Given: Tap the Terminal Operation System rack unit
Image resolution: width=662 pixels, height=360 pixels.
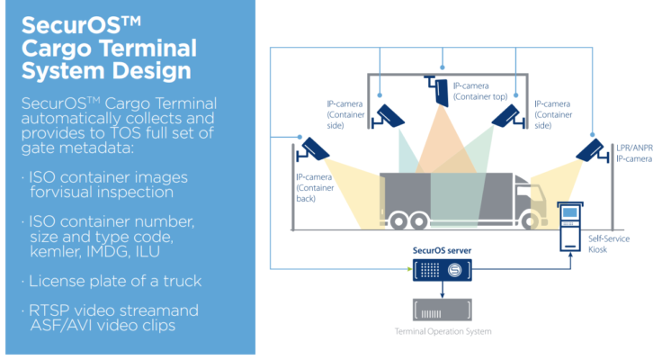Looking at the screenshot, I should [443, 309].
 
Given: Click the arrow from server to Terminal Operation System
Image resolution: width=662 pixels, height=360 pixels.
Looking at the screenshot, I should [443, 288].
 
